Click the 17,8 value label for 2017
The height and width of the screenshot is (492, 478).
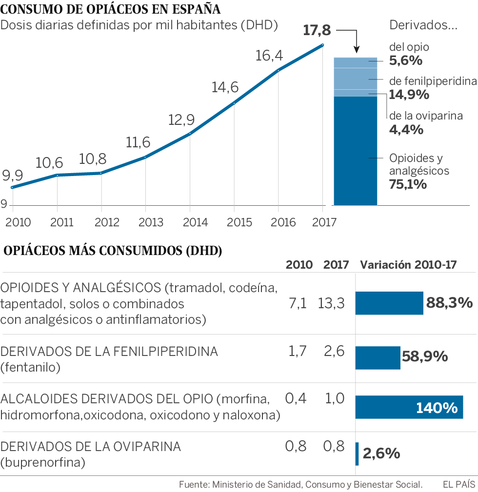[x=317, y=31]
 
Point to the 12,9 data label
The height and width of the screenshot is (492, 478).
[x=181, y=119]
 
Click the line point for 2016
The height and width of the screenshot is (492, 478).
[x=279, y=71]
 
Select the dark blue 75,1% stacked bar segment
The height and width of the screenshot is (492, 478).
[x=355, y=151]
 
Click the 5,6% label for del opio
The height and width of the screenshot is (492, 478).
[x=405, y=61]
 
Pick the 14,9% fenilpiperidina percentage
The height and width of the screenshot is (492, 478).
[x=409, y=95]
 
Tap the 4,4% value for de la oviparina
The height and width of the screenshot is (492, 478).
[x=406, y=130]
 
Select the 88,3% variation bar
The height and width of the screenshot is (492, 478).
[x=389, y=303]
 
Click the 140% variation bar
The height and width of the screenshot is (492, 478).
[x=409, y=407]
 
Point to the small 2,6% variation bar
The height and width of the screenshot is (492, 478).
[x=357, y=453]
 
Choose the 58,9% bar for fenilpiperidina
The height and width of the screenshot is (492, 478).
[x=378, y=357]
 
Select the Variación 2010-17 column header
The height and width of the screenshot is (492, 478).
[x=408, y=265]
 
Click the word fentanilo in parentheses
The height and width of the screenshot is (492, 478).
[x=31, y=367]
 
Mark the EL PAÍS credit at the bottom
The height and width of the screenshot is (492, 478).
[x=458, y=485]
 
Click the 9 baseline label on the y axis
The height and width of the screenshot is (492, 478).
[x=4, y=204]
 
